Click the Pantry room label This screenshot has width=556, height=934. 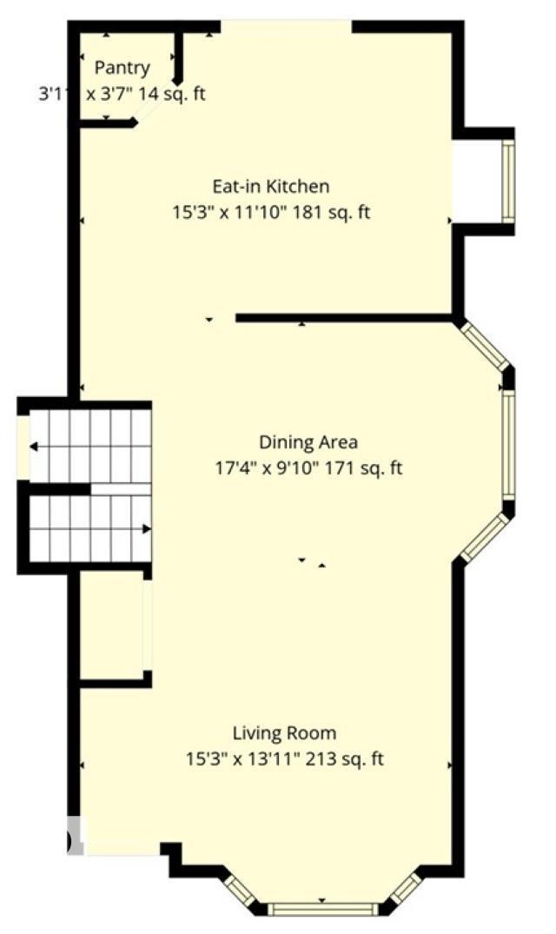[122, 68]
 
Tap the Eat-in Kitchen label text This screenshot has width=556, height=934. [271, 186]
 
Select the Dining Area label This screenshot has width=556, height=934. [308, 441]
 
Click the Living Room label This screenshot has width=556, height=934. [284, 733]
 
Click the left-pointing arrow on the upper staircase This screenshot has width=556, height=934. [33, 447]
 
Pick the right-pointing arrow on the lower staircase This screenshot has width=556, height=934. [146, 528]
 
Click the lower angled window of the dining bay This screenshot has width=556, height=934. [484, 539]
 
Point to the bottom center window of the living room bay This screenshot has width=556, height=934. [322, 910]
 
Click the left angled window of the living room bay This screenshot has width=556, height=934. [236, 890]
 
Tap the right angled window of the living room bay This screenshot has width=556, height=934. [407, 889]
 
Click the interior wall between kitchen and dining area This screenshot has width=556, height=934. [343, 318]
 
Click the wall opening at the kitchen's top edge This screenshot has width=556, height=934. [286, 26]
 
